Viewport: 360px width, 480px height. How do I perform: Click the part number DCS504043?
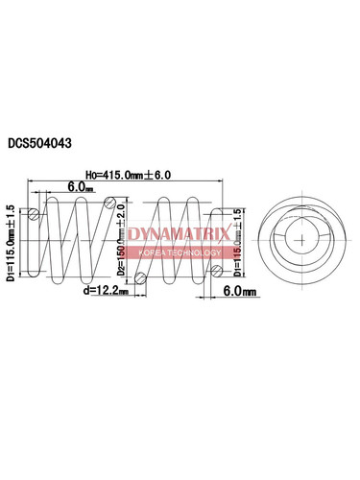(x=55, y=141)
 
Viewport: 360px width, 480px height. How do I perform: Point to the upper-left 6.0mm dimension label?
(x=80, y=188)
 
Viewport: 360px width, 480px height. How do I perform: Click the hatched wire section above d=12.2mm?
(x=140, y=279)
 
